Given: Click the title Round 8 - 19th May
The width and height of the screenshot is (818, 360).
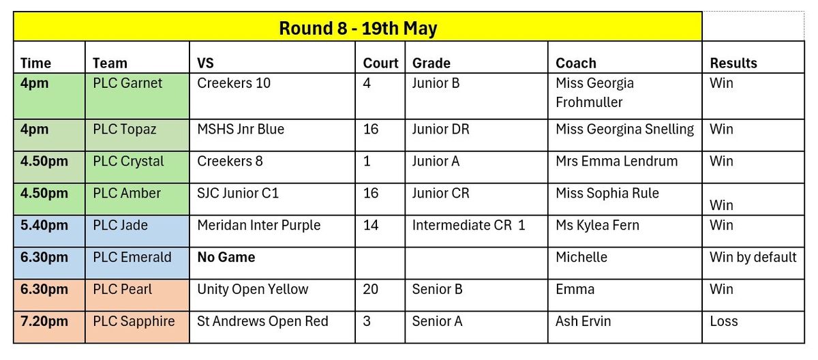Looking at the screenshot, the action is click(358, 29).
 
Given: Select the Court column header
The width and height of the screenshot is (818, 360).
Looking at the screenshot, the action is click(380, 63).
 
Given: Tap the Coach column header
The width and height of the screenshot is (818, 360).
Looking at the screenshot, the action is click(576, 63).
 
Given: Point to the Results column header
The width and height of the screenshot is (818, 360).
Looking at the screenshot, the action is click(733, 63).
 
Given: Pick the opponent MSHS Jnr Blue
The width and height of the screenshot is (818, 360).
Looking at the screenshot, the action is click(241, 130).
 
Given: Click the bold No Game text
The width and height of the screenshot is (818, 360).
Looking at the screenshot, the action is click(226, 258).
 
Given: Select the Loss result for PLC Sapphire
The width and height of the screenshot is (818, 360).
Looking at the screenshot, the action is click(724, 321).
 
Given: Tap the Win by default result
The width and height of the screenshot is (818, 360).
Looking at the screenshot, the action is click(753, 258).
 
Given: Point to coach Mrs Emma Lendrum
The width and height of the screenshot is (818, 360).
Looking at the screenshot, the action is click(617, 162).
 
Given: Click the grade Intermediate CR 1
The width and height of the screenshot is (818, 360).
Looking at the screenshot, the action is click(468, 225).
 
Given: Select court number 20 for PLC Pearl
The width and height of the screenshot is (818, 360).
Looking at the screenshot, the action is click(370, 289).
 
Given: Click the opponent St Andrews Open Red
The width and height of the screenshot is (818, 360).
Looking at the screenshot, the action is click(262, 321).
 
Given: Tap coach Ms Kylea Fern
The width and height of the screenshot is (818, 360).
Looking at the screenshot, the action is click(597, 225).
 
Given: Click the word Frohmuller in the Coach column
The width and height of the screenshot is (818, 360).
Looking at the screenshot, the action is click(589, 102).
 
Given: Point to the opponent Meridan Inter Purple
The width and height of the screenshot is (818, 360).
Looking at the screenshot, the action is click(259, 225).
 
